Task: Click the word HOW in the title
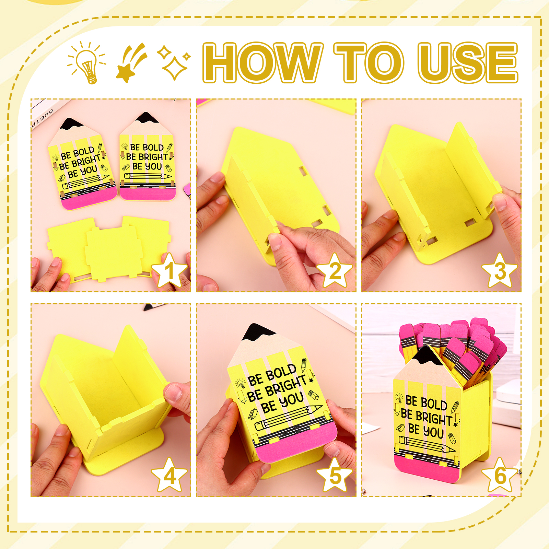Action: (263, 62)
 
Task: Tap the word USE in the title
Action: (468, 63)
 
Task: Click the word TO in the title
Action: (369, 62)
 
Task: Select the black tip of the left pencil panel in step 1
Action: (71, 124)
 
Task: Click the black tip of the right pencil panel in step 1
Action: (147, 117)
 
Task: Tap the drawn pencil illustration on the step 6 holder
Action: (427, 444)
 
